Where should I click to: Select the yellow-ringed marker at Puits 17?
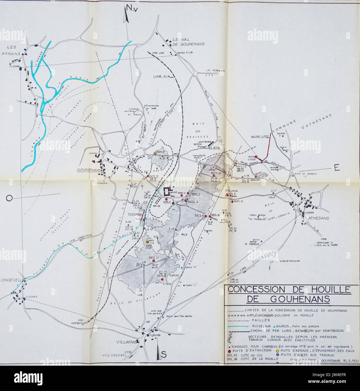tap(155, 153)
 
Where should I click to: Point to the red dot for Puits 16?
tap(232, 201)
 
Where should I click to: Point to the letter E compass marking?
tap(337, 168)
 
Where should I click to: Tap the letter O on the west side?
tap(9, 199)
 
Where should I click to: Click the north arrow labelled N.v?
tap(126, 14)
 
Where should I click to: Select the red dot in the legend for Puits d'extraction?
tap(230, 351)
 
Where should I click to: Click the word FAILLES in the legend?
tap(261, 320)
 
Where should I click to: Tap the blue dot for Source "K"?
tap(182, 267)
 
